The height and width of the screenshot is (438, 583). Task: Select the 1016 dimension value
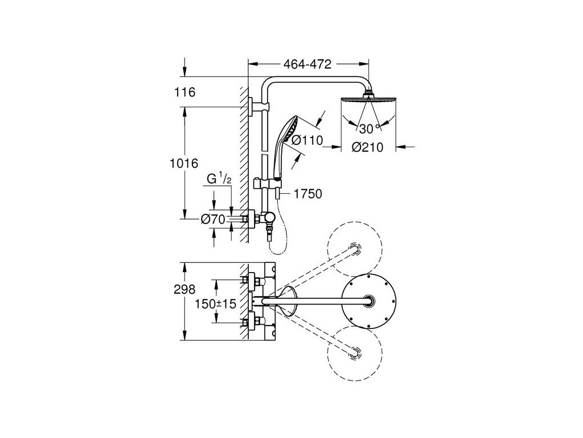click(x=184, y=164)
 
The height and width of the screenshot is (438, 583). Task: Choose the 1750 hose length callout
click(x=308, y=194)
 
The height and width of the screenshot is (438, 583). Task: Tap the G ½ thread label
click(x=219, y=179)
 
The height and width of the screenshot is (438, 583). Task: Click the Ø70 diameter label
click(x=214, y=218)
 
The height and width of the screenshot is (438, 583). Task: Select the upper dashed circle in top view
click(x=354, y=249)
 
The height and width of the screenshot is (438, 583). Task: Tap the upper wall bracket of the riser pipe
click(x=253, y=105)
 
